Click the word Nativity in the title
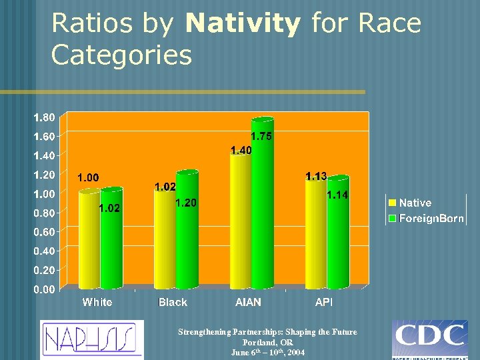[x=243, y=25]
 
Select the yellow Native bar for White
[x=89, y=240]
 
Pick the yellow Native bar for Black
[x=164, y=240]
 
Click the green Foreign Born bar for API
[x=337, y=233]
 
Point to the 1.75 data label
[x=261, y=136]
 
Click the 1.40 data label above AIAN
[x=241, y=150]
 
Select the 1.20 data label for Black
[x=185, y=203]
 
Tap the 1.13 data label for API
[x=316, y=176]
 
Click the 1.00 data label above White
[x=88, y=177]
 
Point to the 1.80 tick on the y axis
[x=45, y=117]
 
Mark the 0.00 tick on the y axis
[x=45, y=289]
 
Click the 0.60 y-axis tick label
[x=45, y=232]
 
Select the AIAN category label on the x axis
[x=248, y=303]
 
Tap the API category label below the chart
[x=324, y=303]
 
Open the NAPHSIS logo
[x=91, y=339]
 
